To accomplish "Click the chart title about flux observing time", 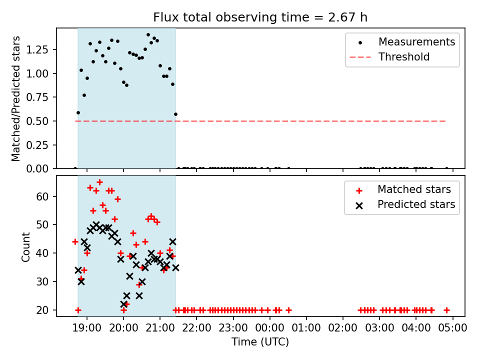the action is tap(260, 17).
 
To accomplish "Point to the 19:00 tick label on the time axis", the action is tap(87, 328).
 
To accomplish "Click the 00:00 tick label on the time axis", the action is tap(269, 328).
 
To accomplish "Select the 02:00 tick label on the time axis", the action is tap(343, 328).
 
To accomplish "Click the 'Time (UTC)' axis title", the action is tap(260, 342).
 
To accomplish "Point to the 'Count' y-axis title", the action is tap(25, 247).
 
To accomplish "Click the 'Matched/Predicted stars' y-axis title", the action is tap(15, 98).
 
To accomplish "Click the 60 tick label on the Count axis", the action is tap(42, 196).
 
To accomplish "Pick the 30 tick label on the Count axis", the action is tap(42, 281).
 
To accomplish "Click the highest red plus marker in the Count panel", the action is tap(99, 182).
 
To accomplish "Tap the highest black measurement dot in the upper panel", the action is tap(148, 35).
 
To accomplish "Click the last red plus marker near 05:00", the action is tap(446, 310).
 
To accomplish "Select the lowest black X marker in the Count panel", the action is tap(123, 304).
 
